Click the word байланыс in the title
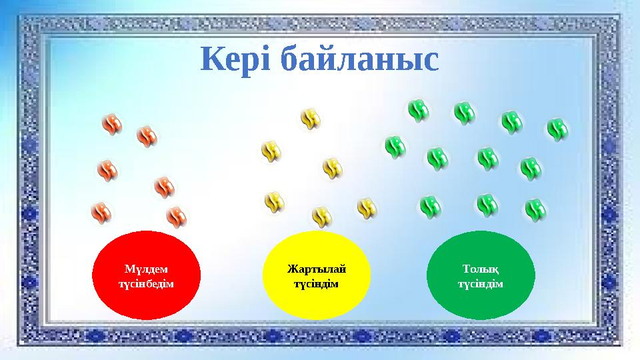(x=359, y=60)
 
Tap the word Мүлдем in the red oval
(x=147, y=269)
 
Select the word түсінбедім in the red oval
(x=147, y=283)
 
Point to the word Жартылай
(x=317, y=269)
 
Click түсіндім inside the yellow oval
(x=317, y=283)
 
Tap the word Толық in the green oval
(x=480, y=269)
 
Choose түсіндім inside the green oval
(x=480, y=283)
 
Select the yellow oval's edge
(x=264, y=275)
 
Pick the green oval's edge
(x=427, y=275)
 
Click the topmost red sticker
(x=112, y=124)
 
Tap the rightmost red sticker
(x=176, y=216)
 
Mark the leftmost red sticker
(x=101, y=212)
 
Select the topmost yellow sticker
(x=311, y=119)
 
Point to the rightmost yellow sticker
(x=367, y=208)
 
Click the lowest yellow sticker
(x=322, y=217)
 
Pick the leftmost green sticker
(x=395, y=147)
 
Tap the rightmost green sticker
(x=557, y=129)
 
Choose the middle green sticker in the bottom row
(x=487, y=205)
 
